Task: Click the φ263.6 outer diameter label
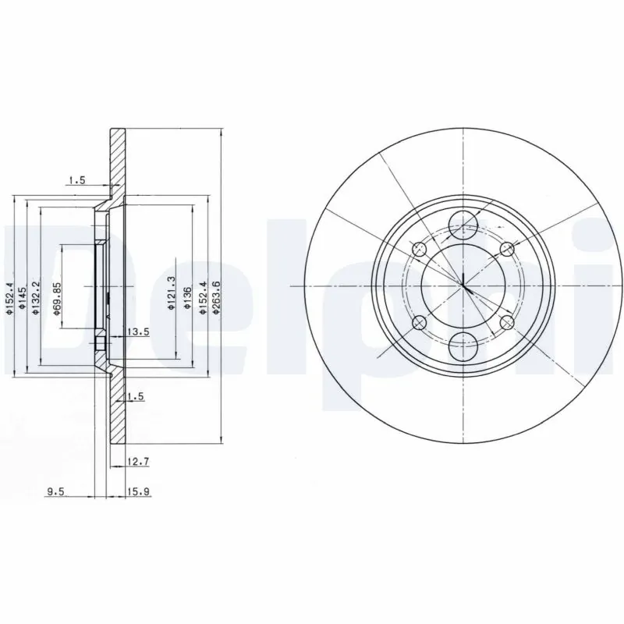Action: pyautogui.click(x=216, y=296)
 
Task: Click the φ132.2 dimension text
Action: pyautogui.click(x=34, y=296)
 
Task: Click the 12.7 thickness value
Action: pyautogui.click(x=137, y=462)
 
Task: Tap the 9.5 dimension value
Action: pyautogui.click(x=55, y=491)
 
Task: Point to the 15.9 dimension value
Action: pyautogui.click(x=137, y=491)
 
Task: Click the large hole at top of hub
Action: pyautogui.click(x=464, y=225)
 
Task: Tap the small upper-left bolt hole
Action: pyautogui.click(x=420, y=250)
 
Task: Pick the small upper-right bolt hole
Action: pyautogui.click(x=507, y=249)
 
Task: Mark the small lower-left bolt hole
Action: pyautogui.click(x=420, y=322)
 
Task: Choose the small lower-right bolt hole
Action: pyautogui.click(x=507, y=321)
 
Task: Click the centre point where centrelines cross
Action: pyautogui.click(x=464, y=285)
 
